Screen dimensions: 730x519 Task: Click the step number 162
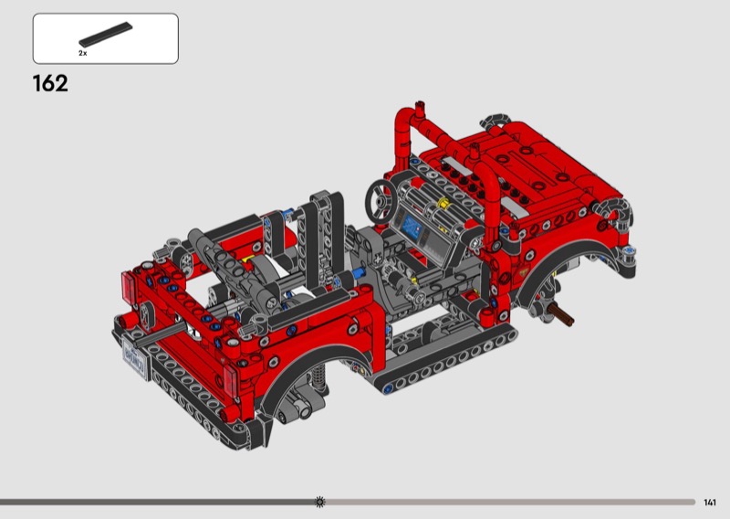tap(50, 83)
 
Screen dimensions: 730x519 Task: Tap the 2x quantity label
tap(82, 53)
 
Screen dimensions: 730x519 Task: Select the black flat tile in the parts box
tap(106, 35)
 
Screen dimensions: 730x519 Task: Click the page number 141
tap(710, 503)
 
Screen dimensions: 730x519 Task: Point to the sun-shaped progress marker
tap(320, 502)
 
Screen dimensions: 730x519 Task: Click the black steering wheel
tap(381, 201)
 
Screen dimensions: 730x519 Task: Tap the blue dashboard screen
tap(412, 228)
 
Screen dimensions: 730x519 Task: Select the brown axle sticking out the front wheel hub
tap(560, 314)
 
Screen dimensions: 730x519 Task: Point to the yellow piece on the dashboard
tap(443, 204)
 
